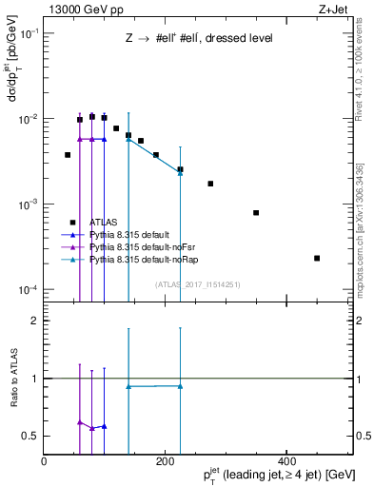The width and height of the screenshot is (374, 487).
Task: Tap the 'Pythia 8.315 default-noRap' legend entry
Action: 147,259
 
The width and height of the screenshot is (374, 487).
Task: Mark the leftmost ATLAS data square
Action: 68,154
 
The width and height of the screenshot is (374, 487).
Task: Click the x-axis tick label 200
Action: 166,460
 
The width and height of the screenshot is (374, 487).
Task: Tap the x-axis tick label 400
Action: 286,460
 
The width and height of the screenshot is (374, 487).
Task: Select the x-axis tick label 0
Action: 45,460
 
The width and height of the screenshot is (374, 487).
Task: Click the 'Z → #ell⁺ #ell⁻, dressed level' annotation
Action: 199,39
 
